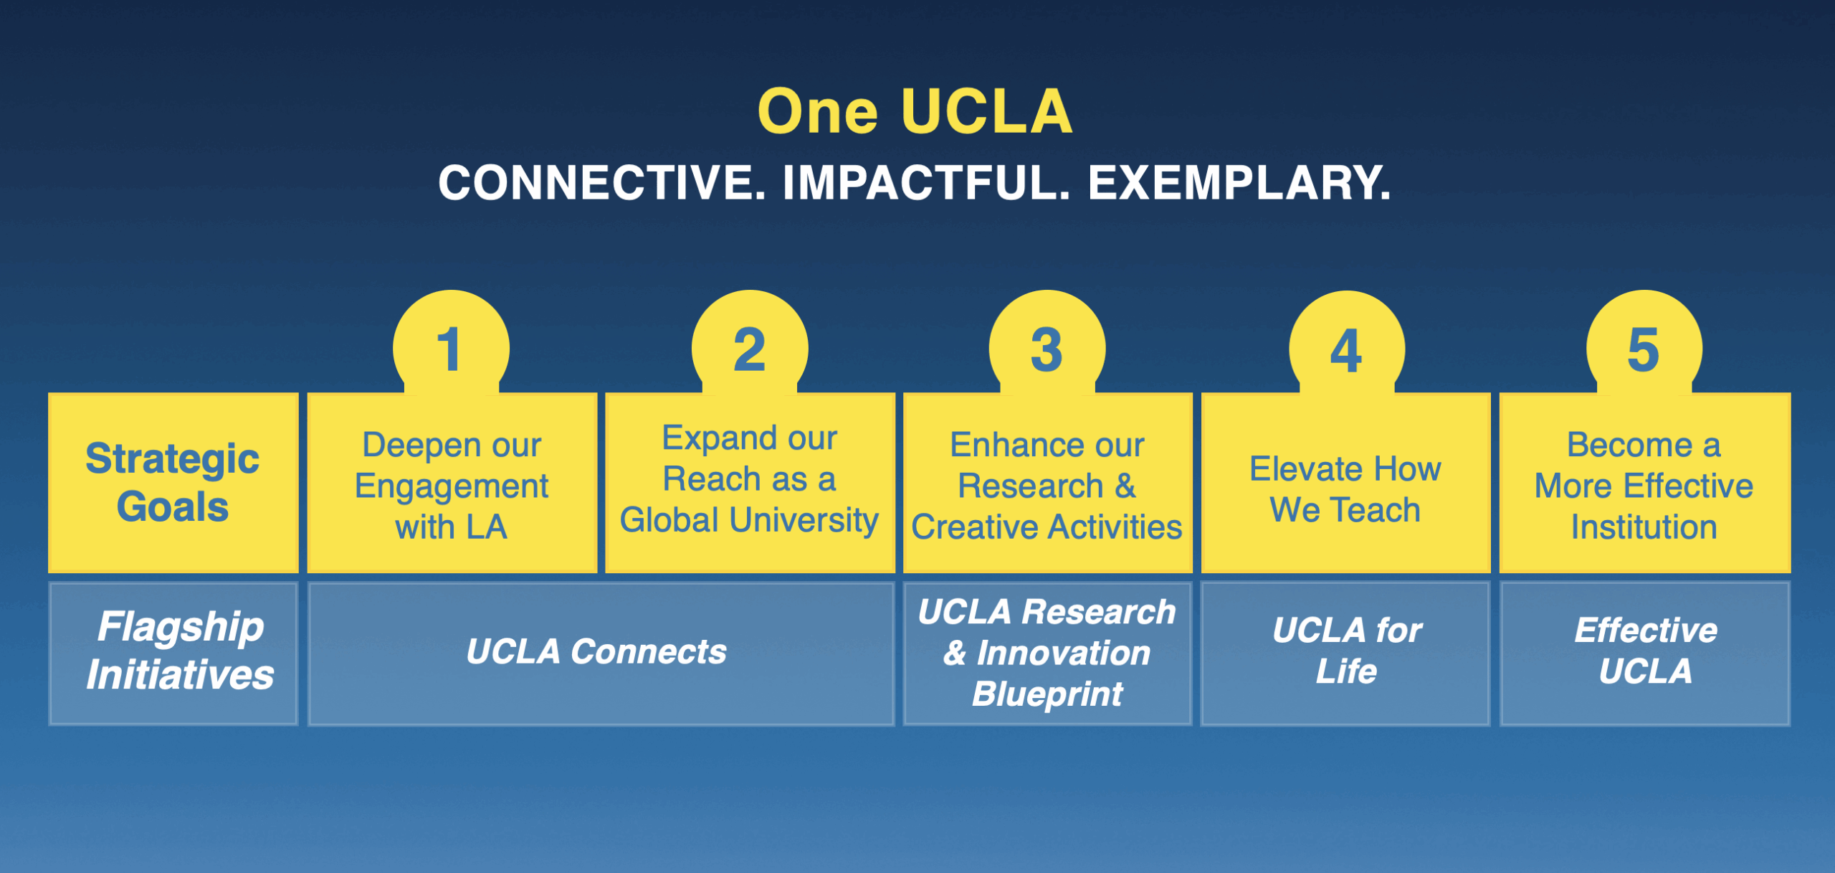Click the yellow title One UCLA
(915, 111)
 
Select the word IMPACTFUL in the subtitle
(926, 182)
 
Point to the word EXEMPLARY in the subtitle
(1239, 182)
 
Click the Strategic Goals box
(173, 483)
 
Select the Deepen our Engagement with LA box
(452, 483)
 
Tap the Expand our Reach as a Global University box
(750, 483)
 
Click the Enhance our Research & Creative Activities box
(1048, 483)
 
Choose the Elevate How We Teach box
(1346, 483)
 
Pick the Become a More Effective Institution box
(1645, 483)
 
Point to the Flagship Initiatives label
(181, 651)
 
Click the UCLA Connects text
(596, 652)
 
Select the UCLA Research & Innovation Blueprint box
(1048, 653)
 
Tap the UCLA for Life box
(1346, 653)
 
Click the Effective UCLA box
(1645, 653)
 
